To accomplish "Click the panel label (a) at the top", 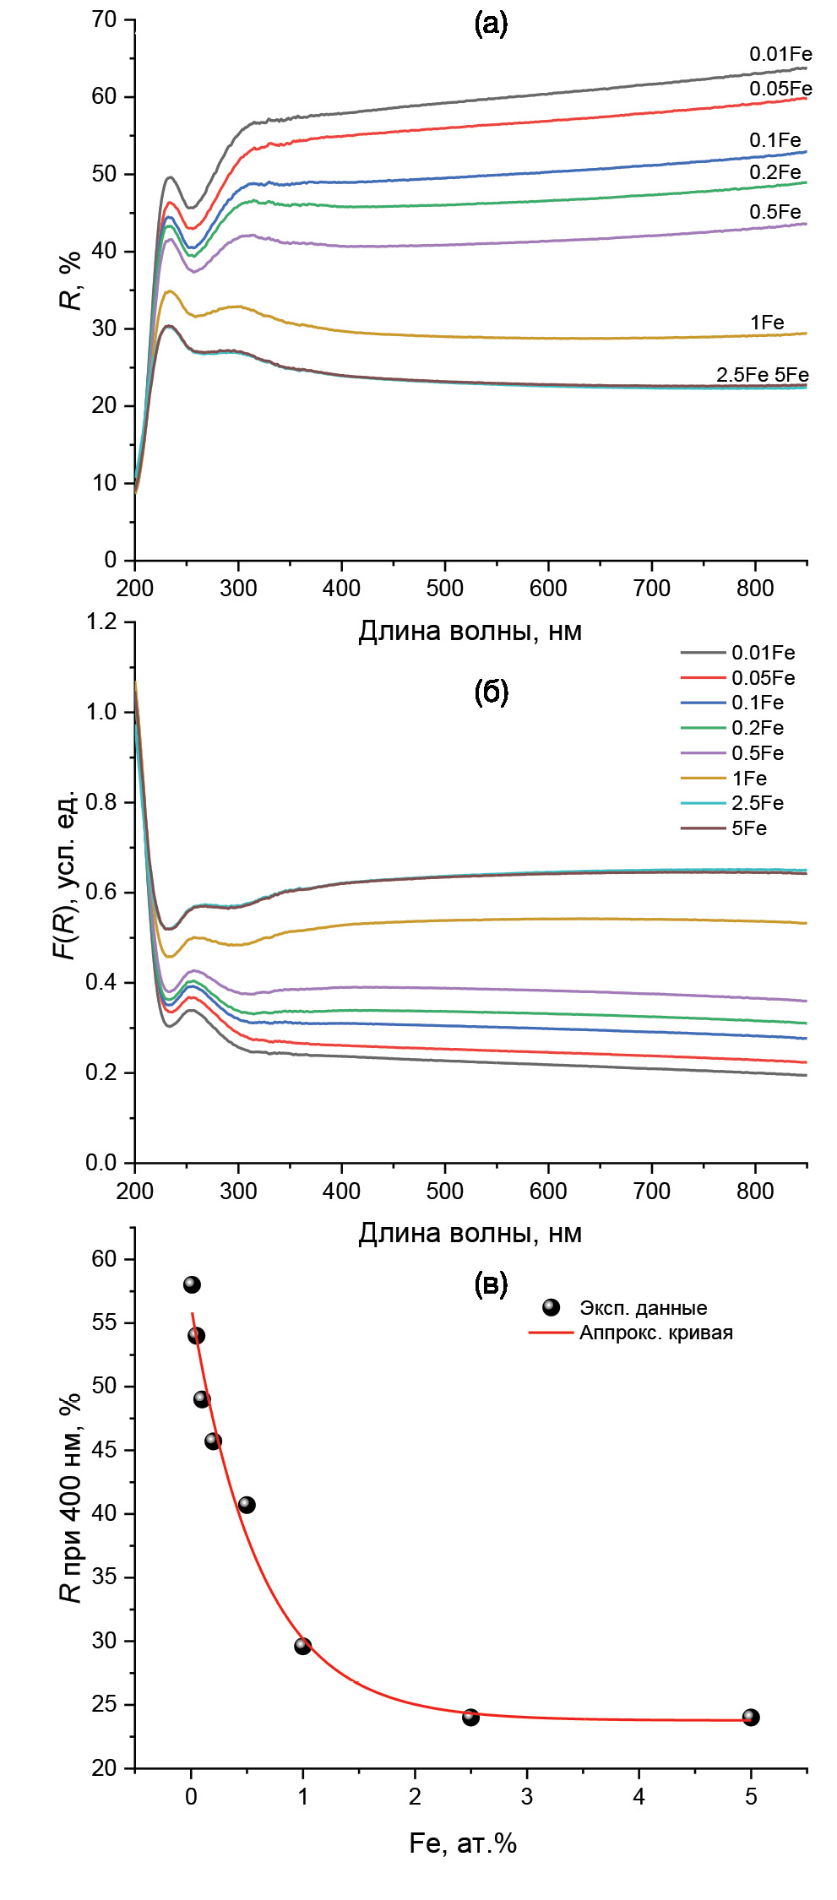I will click(x=491, y=24).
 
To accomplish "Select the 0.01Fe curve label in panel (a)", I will click(x=780, y=54).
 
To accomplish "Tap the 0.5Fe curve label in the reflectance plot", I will click(x=774, y=212).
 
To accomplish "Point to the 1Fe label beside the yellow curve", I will click(x=767, y=323).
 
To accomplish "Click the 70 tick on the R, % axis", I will click(x=105, y=19).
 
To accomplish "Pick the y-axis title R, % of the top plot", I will click(x=72, y=280).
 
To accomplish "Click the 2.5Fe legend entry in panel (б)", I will click(x=757, y=803).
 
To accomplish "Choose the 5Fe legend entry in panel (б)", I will click(x=749, y=828).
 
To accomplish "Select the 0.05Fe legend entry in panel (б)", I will click(x=763, y=678).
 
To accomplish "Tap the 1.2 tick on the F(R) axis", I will click(x=101, y=622).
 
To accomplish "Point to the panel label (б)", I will click(x=491, y=692).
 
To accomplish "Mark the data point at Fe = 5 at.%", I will click(x=751, y=1717).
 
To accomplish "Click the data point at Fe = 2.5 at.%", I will click(x=471, y=1717).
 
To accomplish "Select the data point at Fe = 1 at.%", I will click(x=303, y=1646).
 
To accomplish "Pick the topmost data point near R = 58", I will click(x=192, y=1284).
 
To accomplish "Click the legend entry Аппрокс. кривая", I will click(x=655, y=1333).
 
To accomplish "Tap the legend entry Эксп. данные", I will click(x=643, y=1308).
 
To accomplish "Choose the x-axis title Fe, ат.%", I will click(x=463, y=1843).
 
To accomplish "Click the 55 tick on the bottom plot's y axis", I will click(x=105, y=1322).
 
